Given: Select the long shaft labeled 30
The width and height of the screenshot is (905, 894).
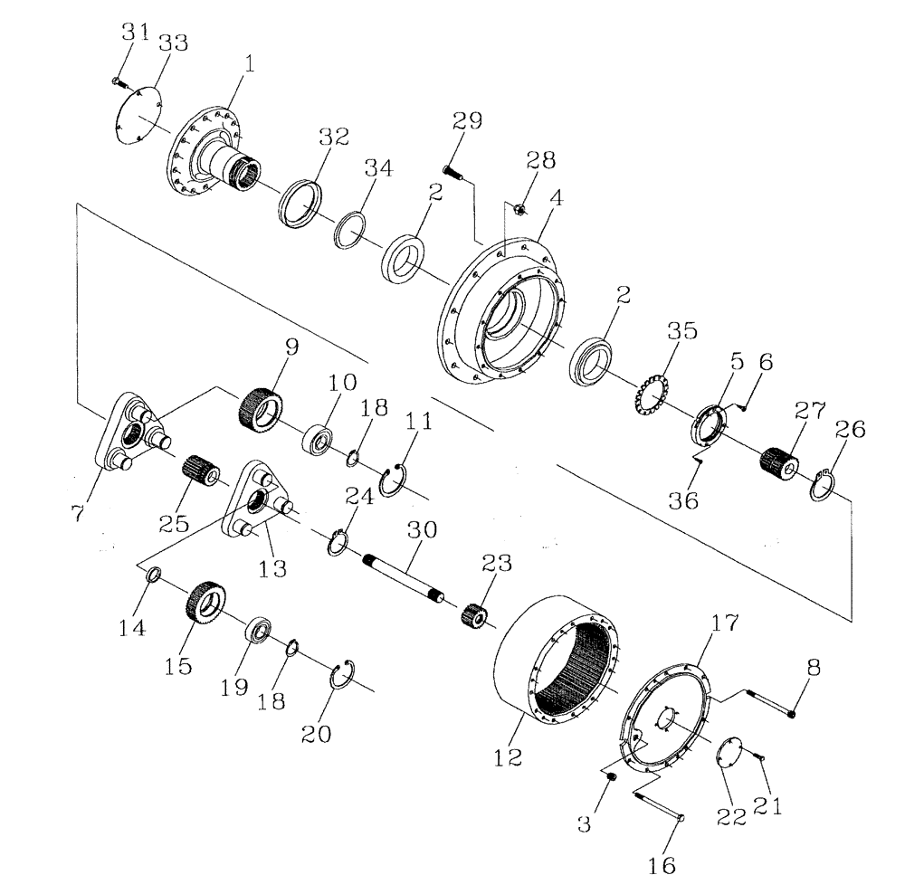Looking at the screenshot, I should (x=404, y=575).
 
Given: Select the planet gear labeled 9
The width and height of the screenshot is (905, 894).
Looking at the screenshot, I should (x=258, y=408).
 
